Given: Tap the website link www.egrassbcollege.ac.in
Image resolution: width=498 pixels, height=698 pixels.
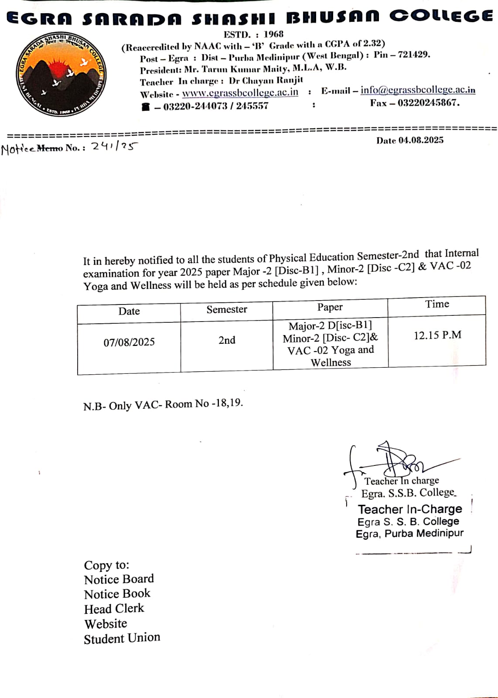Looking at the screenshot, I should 240,93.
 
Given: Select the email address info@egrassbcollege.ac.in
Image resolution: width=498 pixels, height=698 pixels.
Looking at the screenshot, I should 417,90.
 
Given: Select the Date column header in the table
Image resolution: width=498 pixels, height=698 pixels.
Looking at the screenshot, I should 129,311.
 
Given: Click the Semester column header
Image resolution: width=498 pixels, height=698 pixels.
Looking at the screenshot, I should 227,310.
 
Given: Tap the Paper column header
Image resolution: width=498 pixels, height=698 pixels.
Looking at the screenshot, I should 330,308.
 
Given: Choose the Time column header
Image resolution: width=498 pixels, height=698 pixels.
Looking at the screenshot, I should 437,304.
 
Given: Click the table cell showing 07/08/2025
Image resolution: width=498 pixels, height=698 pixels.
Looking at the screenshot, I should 129,342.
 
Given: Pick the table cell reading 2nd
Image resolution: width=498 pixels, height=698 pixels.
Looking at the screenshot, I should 227,340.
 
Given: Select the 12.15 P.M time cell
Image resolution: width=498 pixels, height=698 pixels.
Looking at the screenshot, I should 437,335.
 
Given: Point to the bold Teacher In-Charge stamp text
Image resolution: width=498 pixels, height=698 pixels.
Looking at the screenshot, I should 410,509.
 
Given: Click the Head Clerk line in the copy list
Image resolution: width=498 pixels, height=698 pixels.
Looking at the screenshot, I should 114,609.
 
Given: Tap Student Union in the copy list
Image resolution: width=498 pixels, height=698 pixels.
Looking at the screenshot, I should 122,638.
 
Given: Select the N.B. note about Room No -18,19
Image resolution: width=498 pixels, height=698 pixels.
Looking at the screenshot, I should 163,404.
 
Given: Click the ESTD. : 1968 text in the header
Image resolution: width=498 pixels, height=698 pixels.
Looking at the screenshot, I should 253,34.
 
